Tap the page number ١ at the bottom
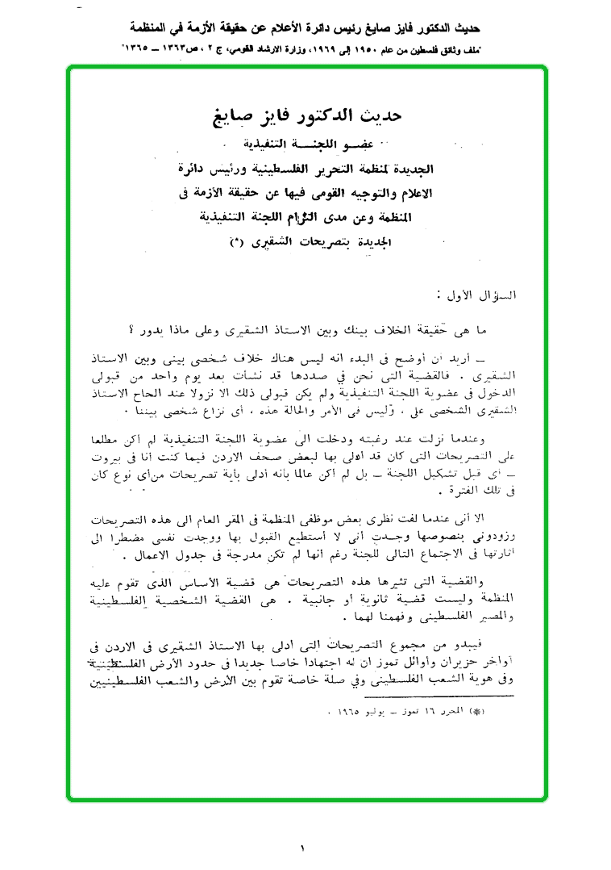(x=303, y=848)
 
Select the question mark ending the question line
(x=132, y=329)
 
